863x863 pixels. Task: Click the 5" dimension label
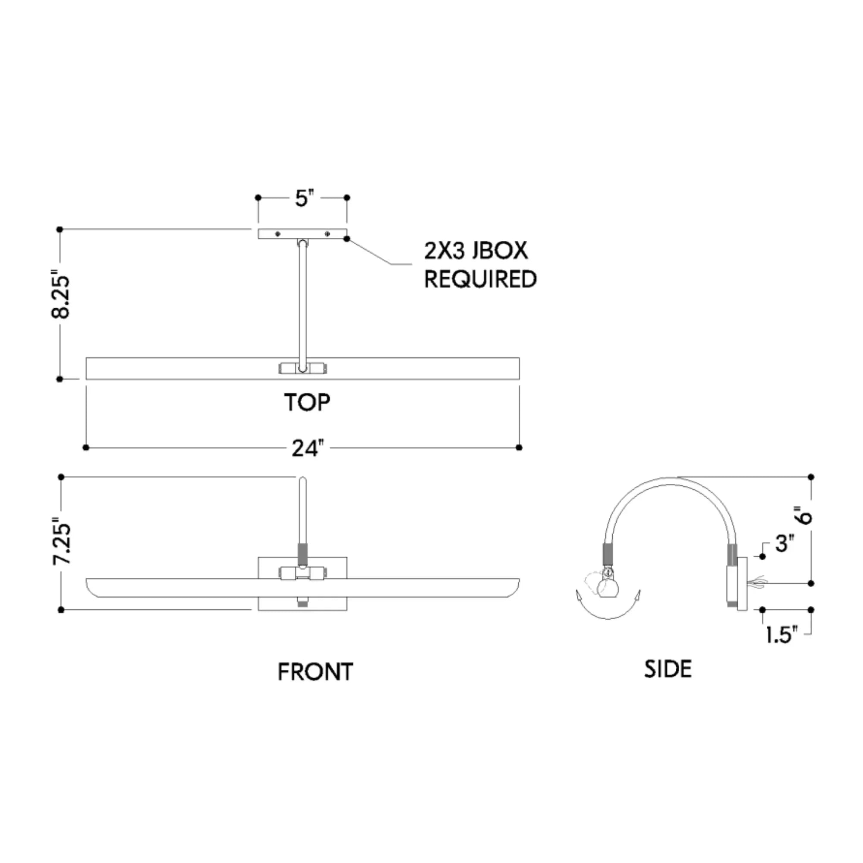pos(304,198)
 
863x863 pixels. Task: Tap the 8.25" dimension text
pos(61,296)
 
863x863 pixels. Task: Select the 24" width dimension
pos(307,448)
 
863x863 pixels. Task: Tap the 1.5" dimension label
pos(781,635)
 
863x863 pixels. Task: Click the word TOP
pos(307,403)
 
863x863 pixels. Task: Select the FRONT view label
pos(315,672)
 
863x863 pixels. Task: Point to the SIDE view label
pos(668,669)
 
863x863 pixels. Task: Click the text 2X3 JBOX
pos(476,251)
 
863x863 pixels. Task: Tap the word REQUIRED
pos(480,279)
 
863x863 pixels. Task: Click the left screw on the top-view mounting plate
pos(278,234)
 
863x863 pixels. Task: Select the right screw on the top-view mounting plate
pos(328,234)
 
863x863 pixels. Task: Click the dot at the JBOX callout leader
pos(346,239)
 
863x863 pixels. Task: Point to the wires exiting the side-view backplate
pos(758,582)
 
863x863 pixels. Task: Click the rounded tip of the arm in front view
pos(302,480)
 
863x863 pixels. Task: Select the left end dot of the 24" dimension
pos(86,447)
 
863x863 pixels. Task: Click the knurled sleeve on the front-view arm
pos(302,554)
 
